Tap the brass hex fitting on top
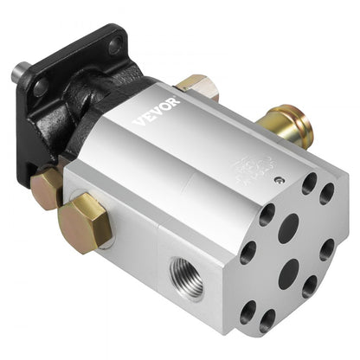[x=196, y=86]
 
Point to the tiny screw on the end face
[x=280, y=180]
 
